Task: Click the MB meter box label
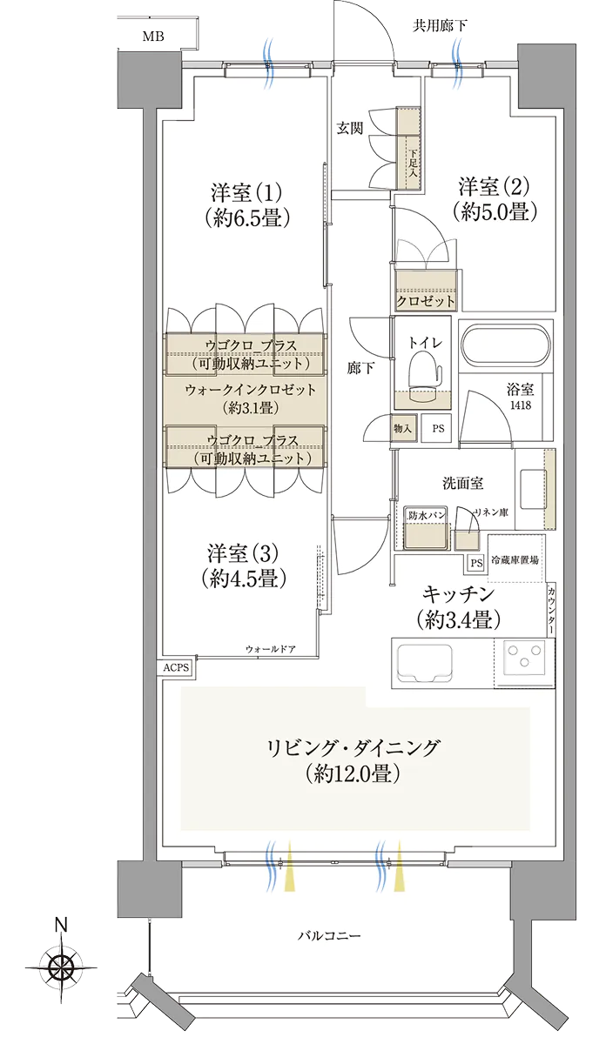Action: pos(153,36)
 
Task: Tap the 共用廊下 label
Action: pos(439,25)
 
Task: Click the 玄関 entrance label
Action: pos(350,128)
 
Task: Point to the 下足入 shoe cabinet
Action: pos(408,148)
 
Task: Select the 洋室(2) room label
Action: pos(494,186)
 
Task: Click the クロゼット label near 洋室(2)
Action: pos(425,302)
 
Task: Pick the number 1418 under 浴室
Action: pos(520,405)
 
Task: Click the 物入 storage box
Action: pos(403,428)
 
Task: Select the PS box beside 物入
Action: pos(438,428)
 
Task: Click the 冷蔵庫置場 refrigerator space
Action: pos(516,559)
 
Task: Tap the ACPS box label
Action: pos(177,667)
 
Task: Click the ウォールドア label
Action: pos(271,649)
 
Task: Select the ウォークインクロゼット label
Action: pos(251,390)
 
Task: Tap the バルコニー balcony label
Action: pos(329,935)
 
